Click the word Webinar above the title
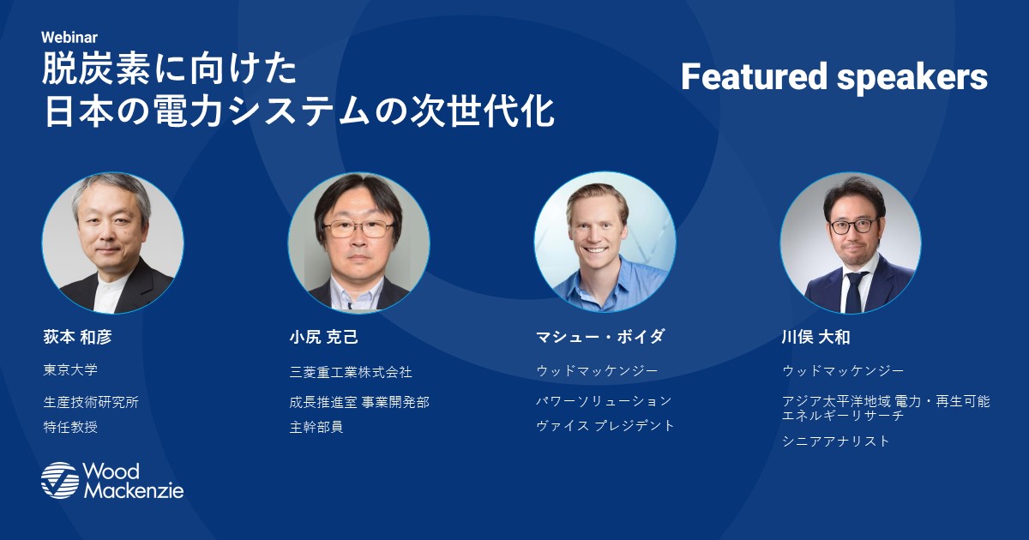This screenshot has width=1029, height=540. tap(69, 37)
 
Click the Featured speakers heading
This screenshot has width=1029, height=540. tap(834, 76)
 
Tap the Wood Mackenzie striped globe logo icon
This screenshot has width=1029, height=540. tap(60, 480)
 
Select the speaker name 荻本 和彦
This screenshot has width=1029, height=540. tap(78, 337)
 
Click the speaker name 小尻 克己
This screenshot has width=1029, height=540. tap(324, 337)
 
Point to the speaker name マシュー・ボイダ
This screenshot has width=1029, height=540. tap(600, 337)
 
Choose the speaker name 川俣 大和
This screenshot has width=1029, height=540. tap(815, 337)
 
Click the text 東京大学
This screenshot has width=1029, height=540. tap(70, 369)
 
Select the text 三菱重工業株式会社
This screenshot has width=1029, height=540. tap(351, 372)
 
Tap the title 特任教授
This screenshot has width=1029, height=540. tap(70, 427)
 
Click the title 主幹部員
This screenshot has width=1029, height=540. tap(316, 427)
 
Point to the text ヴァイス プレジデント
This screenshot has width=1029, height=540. tap(605, 426)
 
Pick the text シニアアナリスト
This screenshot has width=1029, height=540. tap(836, 441)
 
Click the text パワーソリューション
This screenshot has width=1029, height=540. tap(604, 401)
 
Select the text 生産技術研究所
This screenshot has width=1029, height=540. tap(91, 402)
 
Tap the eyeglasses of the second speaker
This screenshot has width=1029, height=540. tap(358, 228)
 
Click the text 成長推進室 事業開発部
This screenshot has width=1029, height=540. tap(359, 402)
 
